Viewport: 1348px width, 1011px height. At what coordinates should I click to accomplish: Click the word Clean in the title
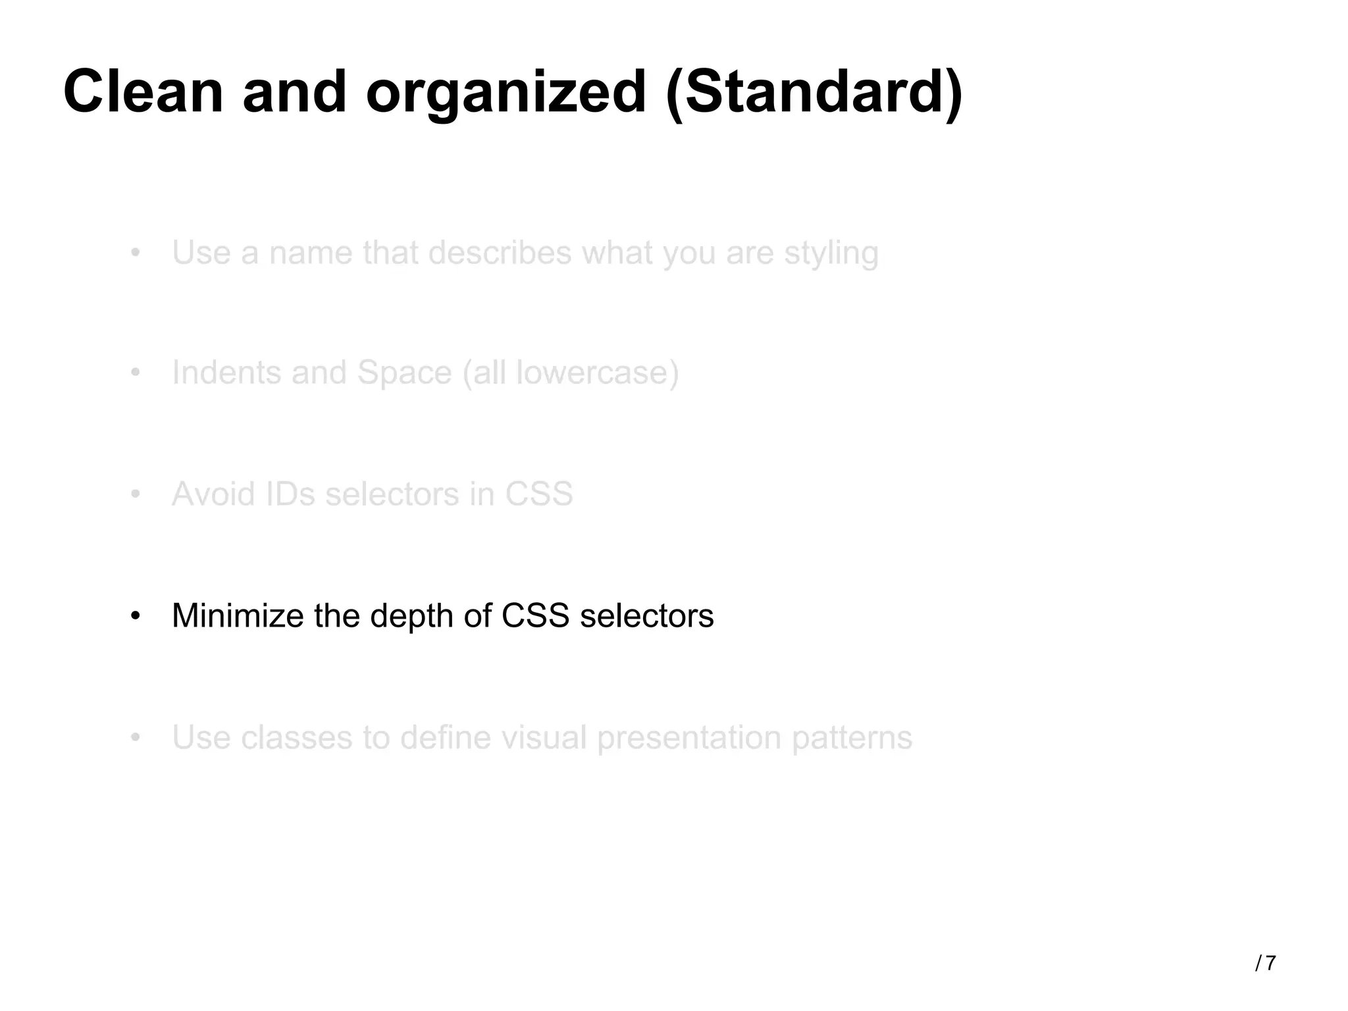tap(143, 92)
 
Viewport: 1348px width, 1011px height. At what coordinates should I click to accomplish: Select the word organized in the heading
tap(505, 92)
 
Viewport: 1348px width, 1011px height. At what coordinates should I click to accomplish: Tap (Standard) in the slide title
tap(814, 92)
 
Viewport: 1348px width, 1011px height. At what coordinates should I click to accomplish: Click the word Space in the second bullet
tap(404, 374)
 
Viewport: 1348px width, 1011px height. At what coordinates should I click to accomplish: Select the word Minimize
tap(238, 616)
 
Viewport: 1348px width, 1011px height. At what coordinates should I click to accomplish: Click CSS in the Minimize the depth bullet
tap(534, 616)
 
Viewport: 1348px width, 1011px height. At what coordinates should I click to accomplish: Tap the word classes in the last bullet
tap(296, 737)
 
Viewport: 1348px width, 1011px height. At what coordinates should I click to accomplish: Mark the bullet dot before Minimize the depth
tap(135, 617)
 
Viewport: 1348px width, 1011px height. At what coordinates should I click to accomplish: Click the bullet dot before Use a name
tap(135, 253)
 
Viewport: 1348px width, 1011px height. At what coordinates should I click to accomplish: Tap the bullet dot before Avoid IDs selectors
tap(135, 494)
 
